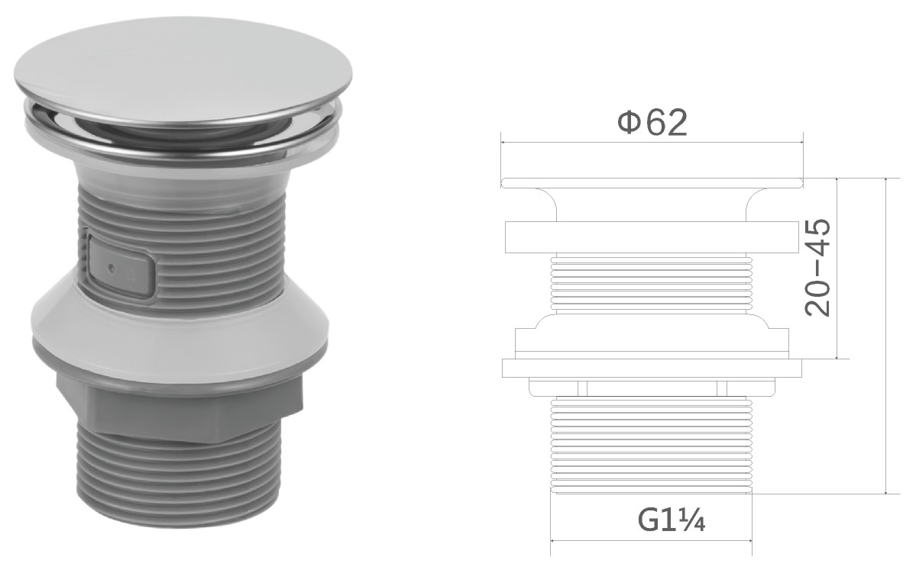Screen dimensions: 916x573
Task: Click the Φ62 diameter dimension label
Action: coord(652,122)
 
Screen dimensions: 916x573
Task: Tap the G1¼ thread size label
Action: coord(672,521)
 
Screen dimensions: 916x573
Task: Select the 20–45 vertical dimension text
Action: coord(817,268)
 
